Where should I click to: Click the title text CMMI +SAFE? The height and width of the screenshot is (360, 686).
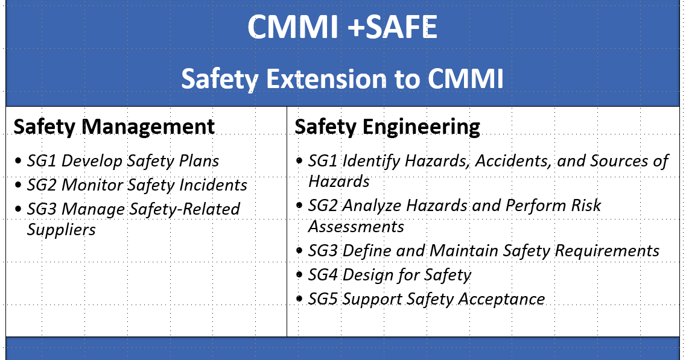(343, 27)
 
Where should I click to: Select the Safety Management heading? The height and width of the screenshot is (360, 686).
(114, 127)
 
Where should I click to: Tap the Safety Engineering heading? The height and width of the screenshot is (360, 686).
(387, 127)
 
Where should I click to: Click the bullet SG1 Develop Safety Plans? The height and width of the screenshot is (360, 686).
(123, 161)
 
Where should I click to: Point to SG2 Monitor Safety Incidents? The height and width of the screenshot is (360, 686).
(137, 185)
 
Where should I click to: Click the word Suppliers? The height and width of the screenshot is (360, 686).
(62, 230)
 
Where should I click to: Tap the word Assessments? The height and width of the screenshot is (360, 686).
(356, 227)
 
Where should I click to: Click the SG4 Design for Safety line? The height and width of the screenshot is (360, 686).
(389, 276)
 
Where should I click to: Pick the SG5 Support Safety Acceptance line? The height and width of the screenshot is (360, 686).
(427, 299)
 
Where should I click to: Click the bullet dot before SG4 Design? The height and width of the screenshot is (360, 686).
(300, 275)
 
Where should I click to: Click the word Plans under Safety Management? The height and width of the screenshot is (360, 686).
(198, 161)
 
